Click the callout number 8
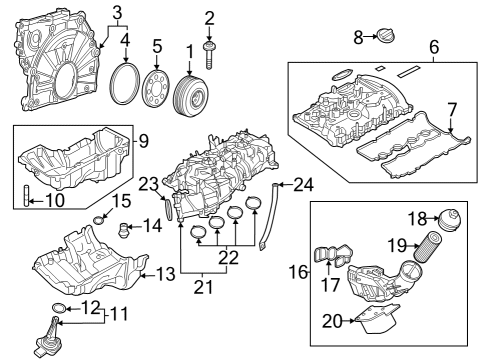point(359,38)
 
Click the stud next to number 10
point(21,196)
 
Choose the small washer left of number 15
point(99,220)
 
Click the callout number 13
point(163,273)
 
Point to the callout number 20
point(330,321)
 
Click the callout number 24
point(304,183)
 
